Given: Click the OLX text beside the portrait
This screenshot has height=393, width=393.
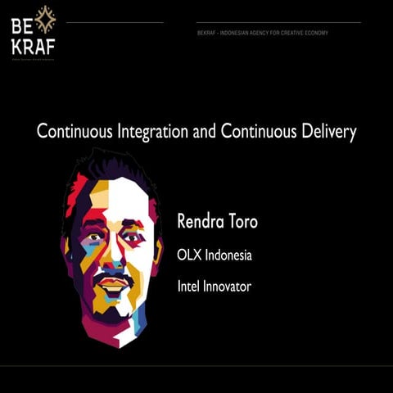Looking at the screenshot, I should (188, 255).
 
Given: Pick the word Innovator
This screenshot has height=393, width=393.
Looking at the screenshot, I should (229, 287).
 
